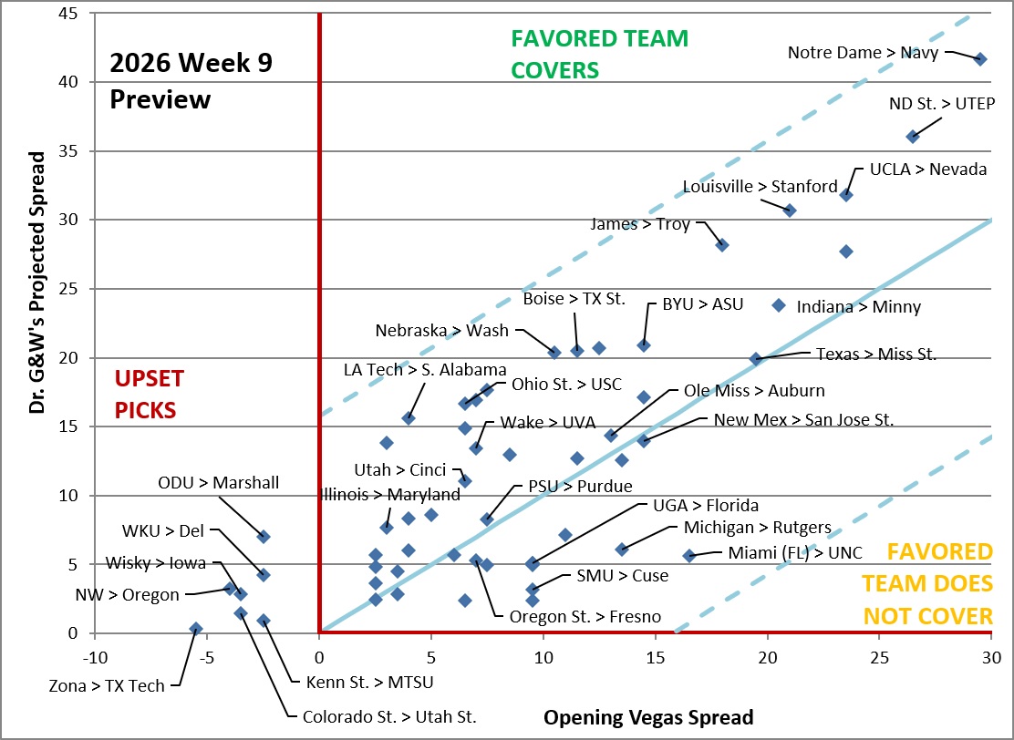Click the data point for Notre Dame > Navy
tap(980, 59)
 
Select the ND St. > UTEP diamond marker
tap(913, 137)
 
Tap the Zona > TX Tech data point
tap(196, 629)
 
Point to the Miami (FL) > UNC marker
tap(689, 555)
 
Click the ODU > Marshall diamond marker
tap(264, 537)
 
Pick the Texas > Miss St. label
tap(876, 355)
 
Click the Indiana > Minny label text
tap(859, 306)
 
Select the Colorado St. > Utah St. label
tap(389, 716)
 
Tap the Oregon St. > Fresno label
tap(585, 617)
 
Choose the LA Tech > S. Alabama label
tap(425, 370)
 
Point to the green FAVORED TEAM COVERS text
tap(599, 54)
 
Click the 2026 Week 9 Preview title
tap(191, 81)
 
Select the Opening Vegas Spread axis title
tap(648, 716)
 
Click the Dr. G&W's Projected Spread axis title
tap(38, 283)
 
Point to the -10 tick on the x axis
tap(95, 659)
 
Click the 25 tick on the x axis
tap(879, 659)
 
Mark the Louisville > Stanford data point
tap(789, 210)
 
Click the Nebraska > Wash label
tap(442, 330)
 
